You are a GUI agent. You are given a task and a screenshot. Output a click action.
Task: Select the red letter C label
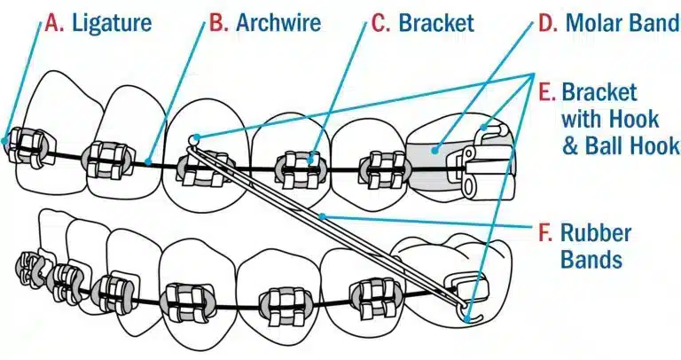[380, 22]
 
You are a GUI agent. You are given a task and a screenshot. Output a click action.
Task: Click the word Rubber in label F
[597, 234]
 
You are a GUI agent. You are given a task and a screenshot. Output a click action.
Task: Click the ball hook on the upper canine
[193, 138]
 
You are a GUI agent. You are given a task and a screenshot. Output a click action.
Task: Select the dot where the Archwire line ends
[148, 161]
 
